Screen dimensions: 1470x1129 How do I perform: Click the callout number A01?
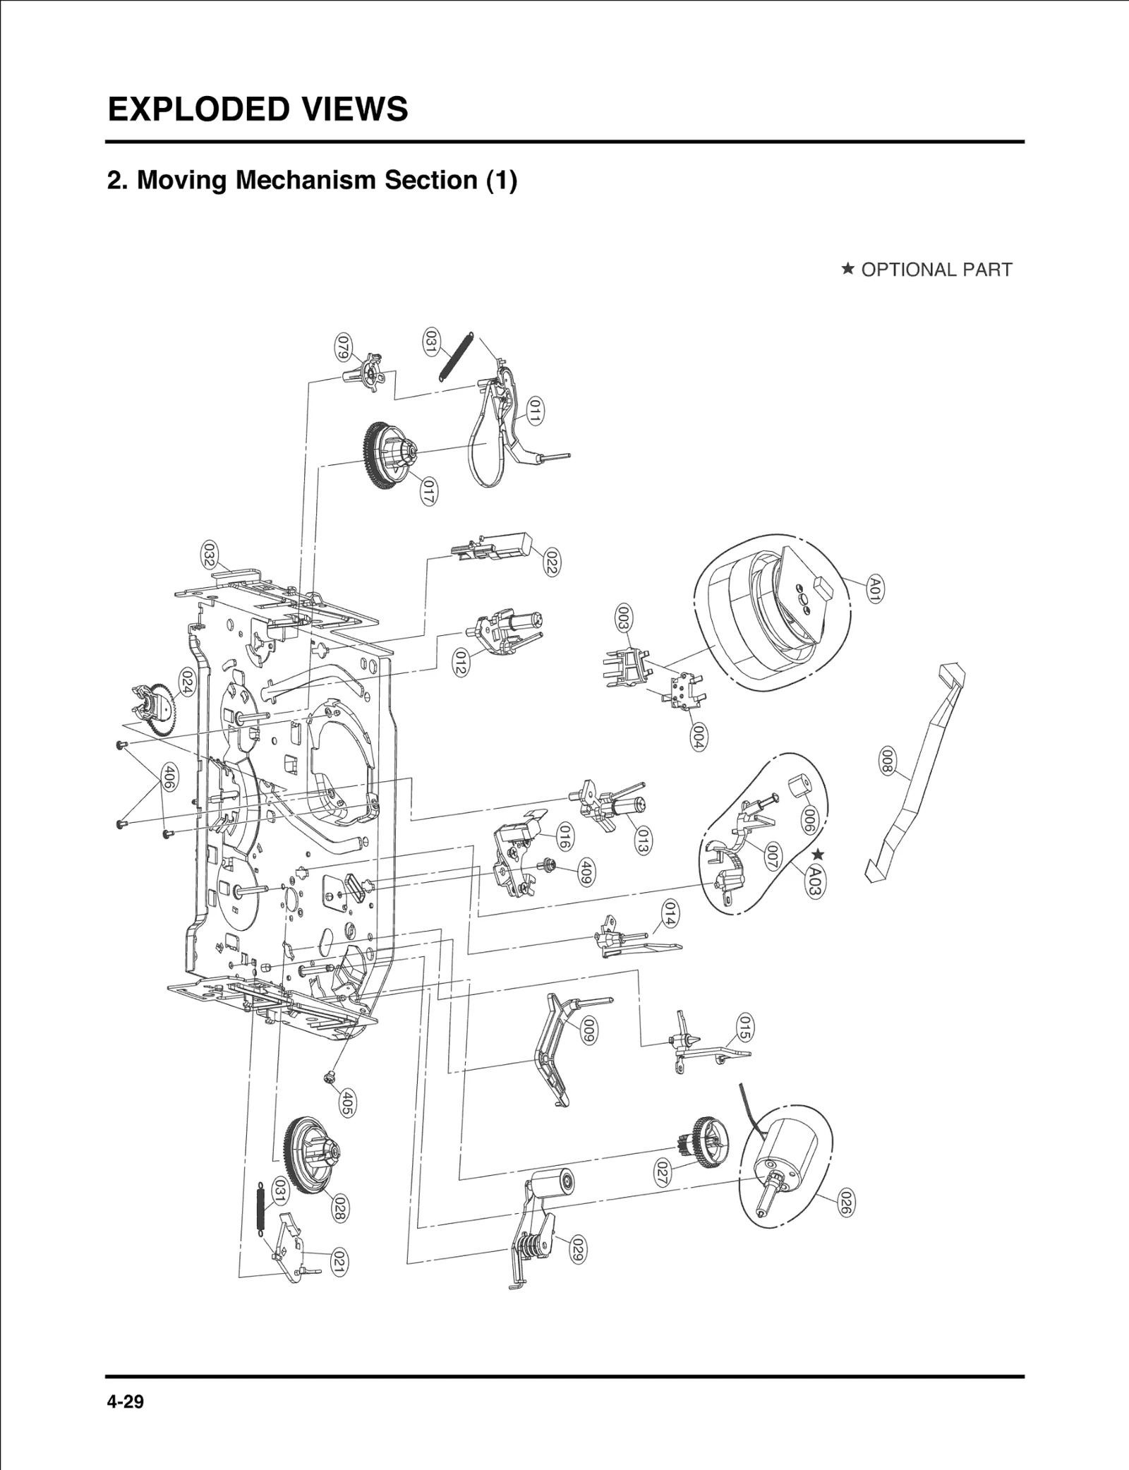[x=876, y=588]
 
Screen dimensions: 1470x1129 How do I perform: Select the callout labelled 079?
[x=343, y=347]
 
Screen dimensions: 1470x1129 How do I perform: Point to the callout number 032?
[x=209, y=555]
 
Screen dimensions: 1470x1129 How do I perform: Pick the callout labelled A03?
[x=814, y=881]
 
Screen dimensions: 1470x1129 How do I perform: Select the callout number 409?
[x=585, y=873]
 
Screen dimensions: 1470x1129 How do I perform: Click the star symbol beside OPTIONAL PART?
[x=848, y=269]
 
